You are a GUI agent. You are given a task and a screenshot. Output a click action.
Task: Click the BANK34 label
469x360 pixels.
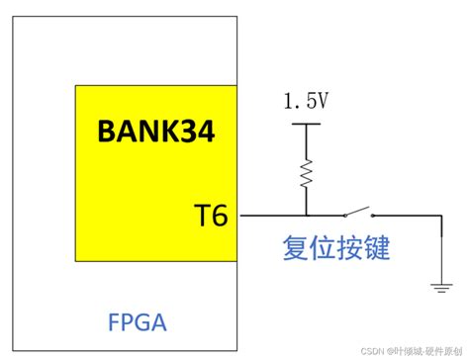[x=154, y=133]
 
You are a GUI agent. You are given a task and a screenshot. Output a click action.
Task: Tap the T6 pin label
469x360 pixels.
[x=211, y=214]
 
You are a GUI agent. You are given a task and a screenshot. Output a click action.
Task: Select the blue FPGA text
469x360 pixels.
[x=136, y=321]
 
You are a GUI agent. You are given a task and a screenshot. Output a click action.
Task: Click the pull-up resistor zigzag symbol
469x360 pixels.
[x=306, y=174]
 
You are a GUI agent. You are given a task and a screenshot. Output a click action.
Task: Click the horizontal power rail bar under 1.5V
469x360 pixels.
[x=306, y=125]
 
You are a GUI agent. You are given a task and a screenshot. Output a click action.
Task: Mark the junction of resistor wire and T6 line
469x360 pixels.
[x=306, y=215]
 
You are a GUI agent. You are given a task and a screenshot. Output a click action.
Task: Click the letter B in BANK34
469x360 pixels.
[x=107, y=133]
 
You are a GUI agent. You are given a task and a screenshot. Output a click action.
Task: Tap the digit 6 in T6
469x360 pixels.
[x=219, y=214]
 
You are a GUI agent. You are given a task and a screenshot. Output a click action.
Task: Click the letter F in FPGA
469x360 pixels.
[x=112, y=321]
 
